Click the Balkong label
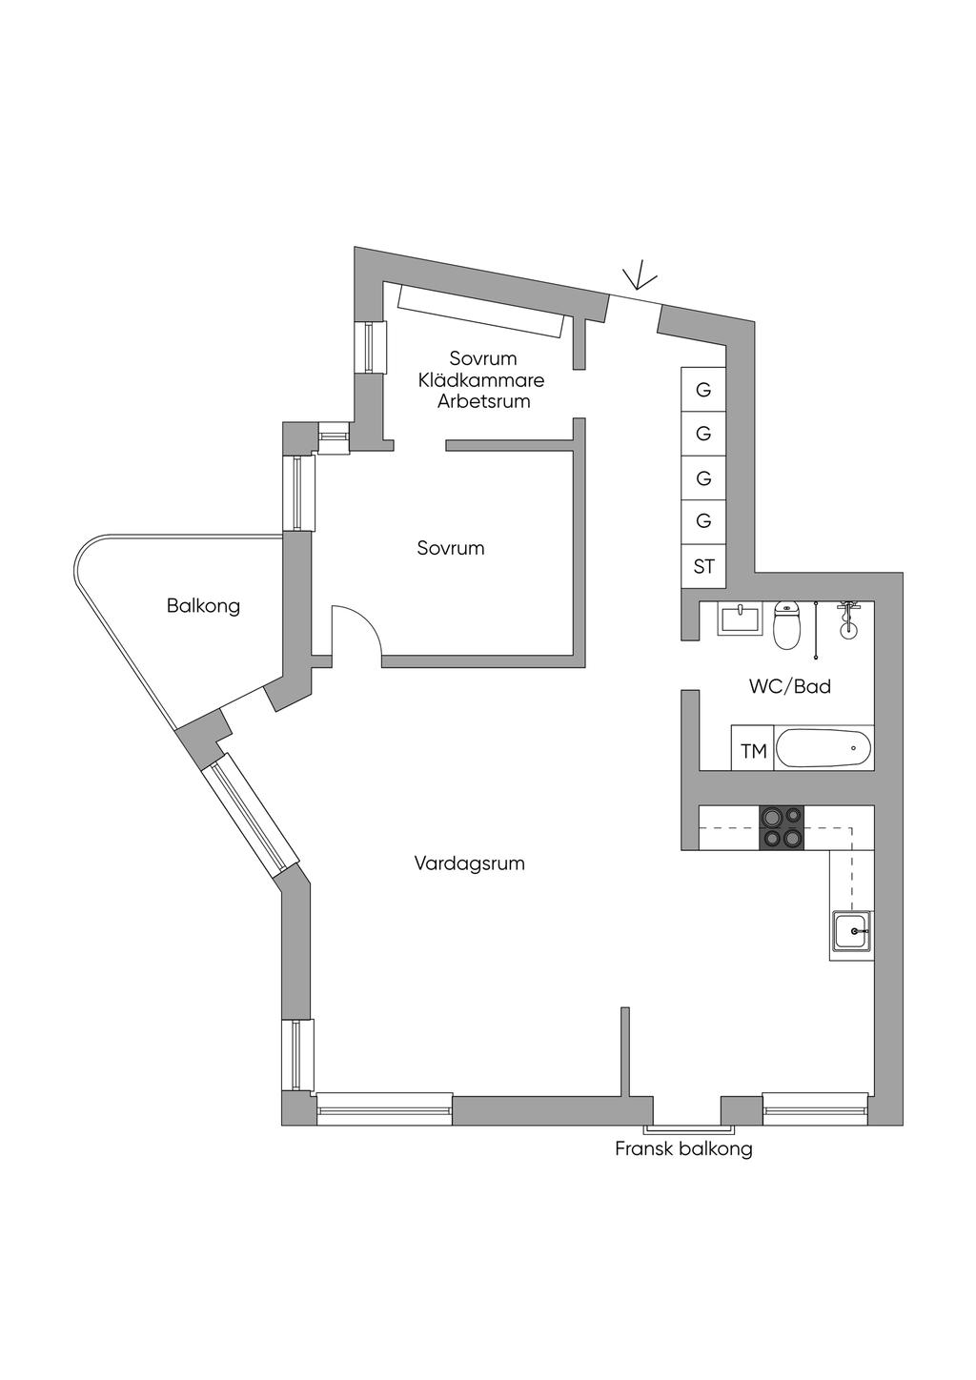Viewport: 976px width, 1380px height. tap(203, 605)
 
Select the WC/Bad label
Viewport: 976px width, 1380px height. tap(789, 686)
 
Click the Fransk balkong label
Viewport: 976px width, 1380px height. tap(683, 1148)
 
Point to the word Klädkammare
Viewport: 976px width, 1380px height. tap(481, 380)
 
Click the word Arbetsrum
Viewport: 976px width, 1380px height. tap(483, 401)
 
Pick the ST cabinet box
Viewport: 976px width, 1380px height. tap(703, 567)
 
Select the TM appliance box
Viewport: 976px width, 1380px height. tap(753, 752)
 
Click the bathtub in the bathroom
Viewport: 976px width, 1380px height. tap(823, 748)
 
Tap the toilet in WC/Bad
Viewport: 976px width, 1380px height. tap(786, 626)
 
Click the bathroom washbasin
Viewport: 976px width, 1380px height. tap(741, 620)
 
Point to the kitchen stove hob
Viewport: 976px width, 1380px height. tap(781, 827)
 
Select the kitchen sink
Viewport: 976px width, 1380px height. tap(851, 931)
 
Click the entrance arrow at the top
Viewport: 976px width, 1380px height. tap(639, 276)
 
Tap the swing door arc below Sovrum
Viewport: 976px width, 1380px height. tap(357, 629)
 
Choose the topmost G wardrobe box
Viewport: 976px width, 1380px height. tap(703, 390)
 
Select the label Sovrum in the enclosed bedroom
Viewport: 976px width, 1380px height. tap(450, 548)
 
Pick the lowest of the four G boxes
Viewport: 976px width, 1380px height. tap(703, 520)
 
